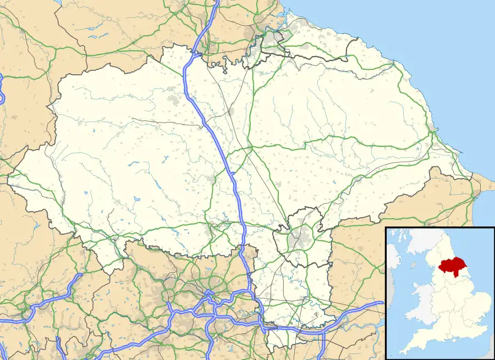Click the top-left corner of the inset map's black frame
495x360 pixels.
pos(386,228)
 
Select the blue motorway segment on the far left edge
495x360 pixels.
pos(2,88)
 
